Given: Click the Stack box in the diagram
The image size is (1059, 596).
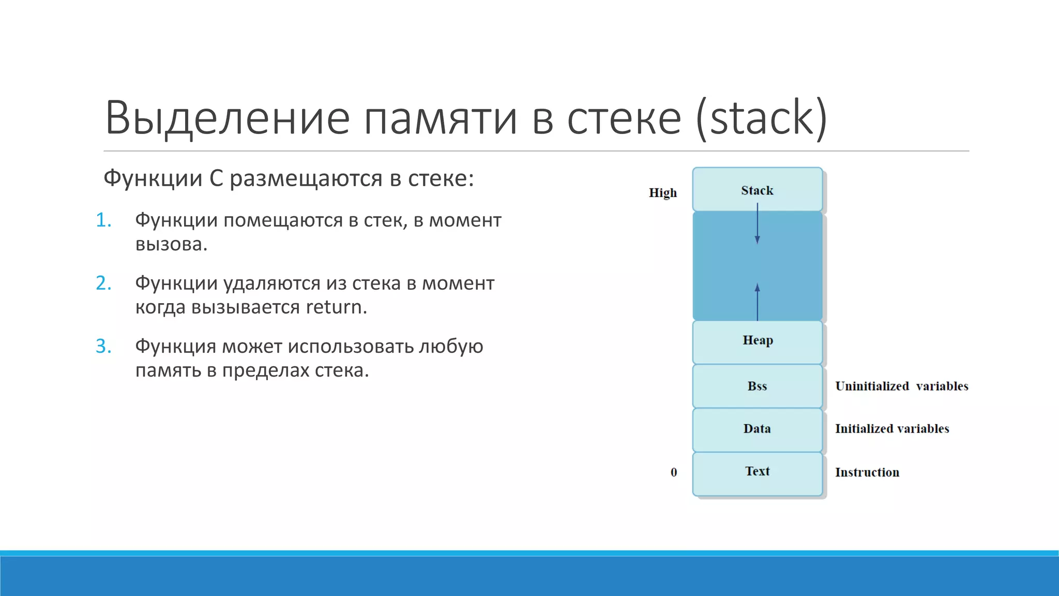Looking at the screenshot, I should [757, 190].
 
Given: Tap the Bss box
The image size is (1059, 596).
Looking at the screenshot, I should [757, 386].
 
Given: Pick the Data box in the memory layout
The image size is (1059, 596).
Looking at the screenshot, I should [757, 429].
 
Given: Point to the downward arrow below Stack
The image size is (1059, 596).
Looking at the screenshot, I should [757, 225].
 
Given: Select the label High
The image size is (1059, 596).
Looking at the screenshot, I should [662, 193].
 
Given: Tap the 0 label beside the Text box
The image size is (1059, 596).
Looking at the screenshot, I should [673, 472].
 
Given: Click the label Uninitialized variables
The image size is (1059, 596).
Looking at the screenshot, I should [901, 386].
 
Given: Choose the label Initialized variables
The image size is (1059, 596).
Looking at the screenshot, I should [892, 429].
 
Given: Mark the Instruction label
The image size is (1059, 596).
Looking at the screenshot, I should [867, 472].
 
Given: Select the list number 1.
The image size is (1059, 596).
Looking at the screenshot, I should [103, 220].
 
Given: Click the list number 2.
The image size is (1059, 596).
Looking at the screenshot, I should [103, 284].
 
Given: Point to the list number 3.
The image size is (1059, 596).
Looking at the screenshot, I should [103, 347].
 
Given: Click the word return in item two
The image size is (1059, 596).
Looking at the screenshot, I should [336, 307].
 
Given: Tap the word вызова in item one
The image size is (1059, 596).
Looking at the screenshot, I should [171, 244].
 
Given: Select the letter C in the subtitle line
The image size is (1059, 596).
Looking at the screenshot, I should [216, 179].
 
